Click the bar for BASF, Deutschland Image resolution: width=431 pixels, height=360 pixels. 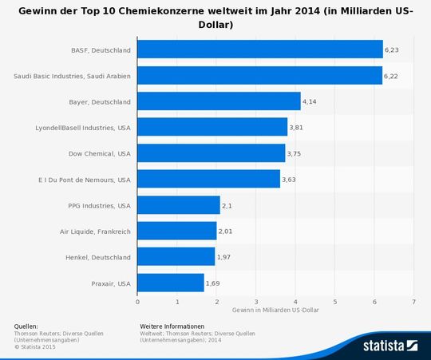[260, 49]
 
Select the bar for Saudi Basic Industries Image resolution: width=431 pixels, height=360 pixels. [260, 76]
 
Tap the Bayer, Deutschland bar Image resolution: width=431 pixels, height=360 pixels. [219, 101]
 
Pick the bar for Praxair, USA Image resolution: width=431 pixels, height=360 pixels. [171, 283]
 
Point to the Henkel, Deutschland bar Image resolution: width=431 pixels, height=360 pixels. [176, 257]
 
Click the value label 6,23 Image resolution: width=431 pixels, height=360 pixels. [392, 49]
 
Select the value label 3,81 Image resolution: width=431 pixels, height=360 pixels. [296, 128]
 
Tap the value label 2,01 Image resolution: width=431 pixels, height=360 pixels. [225, 231]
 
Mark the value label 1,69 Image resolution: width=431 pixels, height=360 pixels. [212, 283]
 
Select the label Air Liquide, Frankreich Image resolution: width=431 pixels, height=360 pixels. [94, 231]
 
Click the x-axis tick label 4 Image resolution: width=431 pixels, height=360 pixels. [296, 302]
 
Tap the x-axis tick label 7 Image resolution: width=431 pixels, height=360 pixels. [414, 302]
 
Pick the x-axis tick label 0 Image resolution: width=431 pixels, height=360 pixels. [138, 302]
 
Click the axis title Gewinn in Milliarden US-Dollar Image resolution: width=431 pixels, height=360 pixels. [275, 310]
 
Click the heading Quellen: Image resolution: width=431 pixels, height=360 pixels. [26, 326]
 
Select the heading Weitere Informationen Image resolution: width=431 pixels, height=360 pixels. [172, 326]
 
